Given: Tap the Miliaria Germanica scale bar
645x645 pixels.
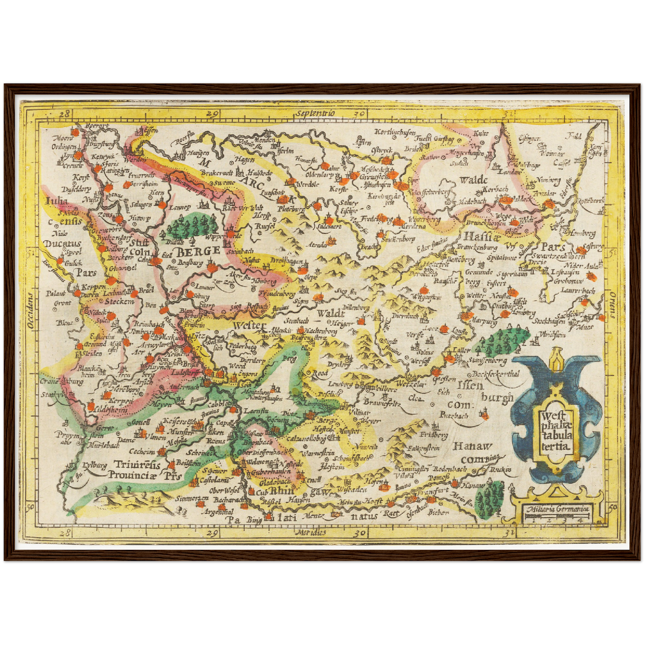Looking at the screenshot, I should (x=558, y=516).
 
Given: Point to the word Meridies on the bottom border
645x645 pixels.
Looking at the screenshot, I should (x=311, y=532).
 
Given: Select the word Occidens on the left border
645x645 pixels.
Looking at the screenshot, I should (x=29, y=311).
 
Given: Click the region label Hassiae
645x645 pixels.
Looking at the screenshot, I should (x=479, y=237).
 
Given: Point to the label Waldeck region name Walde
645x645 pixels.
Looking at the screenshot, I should (x=473, y=180).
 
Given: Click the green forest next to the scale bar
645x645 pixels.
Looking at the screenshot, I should (x=489, y=499).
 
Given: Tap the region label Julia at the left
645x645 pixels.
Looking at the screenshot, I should (x=57, y=201).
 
